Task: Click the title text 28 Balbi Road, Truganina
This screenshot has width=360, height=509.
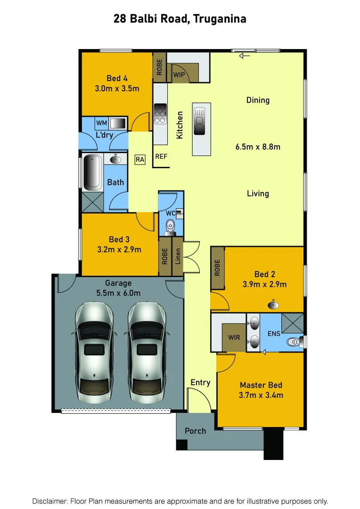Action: point(180,19)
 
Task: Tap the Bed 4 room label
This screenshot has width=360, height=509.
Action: point(117,78)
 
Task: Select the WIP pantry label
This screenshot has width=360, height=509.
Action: point(179,75)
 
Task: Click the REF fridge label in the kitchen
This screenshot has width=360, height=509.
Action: point(161,156)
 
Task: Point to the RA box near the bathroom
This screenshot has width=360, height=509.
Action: point(139,160)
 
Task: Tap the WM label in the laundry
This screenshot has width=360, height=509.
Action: point(101,123)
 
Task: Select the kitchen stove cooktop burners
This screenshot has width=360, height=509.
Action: point(160,113)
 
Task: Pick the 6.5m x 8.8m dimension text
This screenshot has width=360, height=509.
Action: point(257,147)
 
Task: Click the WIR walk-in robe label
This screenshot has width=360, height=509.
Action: point(234,338)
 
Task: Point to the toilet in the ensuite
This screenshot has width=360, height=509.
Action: point(294,341)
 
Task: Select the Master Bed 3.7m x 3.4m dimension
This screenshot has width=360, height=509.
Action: point(261,395)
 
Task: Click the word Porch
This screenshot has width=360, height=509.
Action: point(195,430)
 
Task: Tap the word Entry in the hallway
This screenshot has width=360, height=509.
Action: point(200,382)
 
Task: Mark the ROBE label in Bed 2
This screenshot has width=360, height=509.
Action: point(217,268)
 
